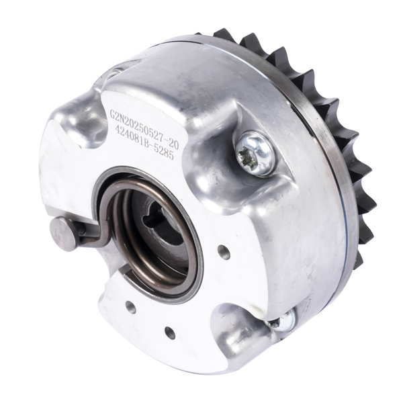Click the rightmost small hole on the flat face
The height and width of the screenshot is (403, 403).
click(x=224, y=252)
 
